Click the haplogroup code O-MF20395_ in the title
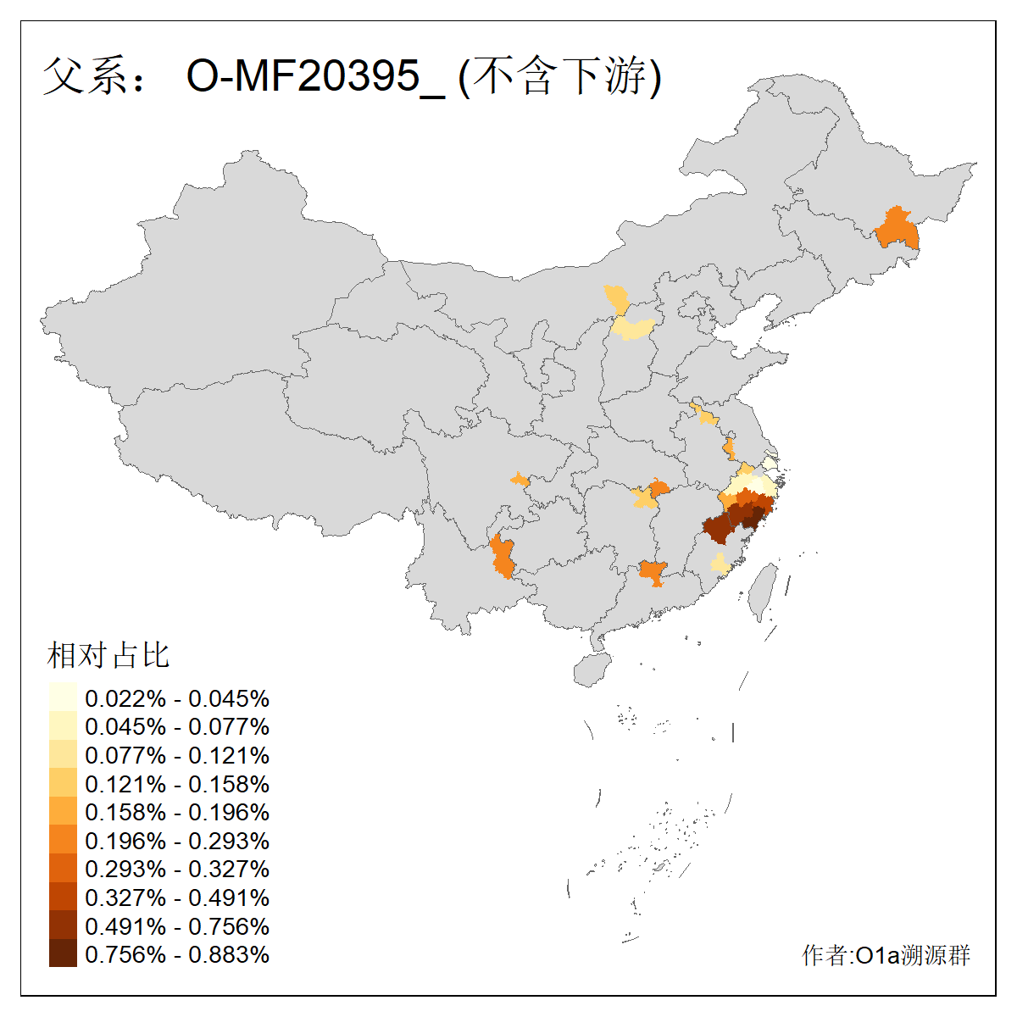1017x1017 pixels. tap(315, 76)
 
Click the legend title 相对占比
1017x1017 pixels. tap(108, 655)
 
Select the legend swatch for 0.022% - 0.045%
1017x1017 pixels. tap(63, 697)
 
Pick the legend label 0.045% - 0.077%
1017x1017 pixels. tap(177, 726)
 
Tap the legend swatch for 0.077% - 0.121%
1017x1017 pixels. tap(63, 755)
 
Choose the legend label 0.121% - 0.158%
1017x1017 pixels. tap(177, 784)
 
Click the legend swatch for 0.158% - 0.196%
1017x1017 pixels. tap(63, 812)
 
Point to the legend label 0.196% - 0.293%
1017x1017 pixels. tap(177, 841)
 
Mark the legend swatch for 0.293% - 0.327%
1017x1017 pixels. tap(63, 869)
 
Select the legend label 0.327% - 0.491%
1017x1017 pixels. tap(177, 898)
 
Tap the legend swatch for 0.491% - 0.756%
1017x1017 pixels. tap(63, 925)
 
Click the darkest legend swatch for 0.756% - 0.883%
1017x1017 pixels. tap(63, 954)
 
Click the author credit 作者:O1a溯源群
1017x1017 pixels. tap(886, 955)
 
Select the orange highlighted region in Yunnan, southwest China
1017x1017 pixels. tap(503, 557)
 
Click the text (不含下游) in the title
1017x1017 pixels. tap(559, 76)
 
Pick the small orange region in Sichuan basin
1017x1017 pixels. tap(520, 481)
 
